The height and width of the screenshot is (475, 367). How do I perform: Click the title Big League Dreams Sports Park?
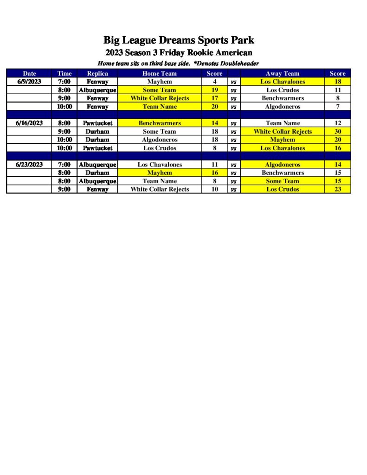(x=179, y=40)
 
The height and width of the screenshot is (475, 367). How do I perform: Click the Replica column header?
(x=97, y=73)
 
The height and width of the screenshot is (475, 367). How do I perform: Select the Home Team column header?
(x=160, y=73)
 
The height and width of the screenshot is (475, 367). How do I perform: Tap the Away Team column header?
(x=283, y=73)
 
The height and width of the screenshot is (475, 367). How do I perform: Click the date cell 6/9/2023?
(x=29, y=82)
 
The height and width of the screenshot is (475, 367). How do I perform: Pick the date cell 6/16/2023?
(x=29, y=123)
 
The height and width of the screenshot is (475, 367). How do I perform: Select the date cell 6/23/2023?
(x=29, y=165)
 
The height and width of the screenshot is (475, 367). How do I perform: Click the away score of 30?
(x=337, y=132)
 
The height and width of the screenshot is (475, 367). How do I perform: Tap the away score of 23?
(x=337, y=189)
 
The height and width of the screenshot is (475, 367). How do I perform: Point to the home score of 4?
(x=214, y=82)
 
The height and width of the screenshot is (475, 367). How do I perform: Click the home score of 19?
(x=214, y=90)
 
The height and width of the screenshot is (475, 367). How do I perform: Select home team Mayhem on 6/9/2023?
(x=160, y=82)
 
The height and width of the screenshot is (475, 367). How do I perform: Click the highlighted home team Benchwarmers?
(x=160, y=123)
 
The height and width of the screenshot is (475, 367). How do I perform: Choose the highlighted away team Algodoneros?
(x=283, y=165)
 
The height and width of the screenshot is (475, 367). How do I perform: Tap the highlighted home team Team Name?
(x=160, y=107)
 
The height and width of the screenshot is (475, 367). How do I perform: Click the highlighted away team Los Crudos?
(x=283, y=189)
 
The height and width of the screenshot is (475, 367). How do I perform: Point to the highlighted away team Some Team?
(x=283, y=181)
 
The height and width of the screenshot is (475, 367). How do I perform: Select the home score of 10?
(x=214, y=189)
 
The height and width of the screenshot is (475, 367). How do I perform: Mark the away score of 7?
(x=337, y=107)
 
